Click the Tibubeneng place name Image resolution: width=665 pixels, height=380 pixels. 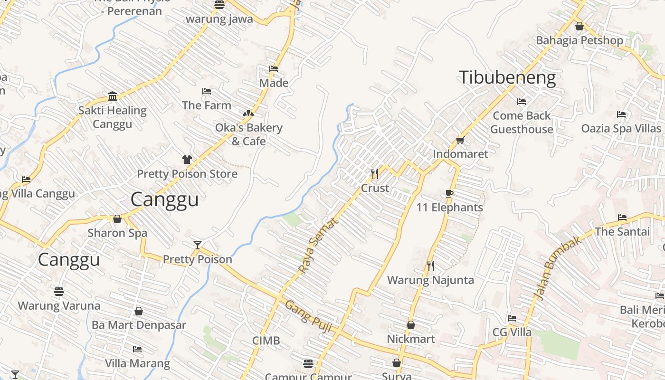(x=507, y=78)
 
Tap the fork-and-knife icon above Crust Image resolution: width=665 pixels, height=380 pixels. (x=375, y=174)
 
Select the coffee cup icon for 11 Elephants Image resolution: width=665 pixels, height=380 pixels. (x=449, y=193)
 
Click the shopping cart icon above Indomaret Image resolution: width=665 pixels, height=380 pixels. (x=460, y=140)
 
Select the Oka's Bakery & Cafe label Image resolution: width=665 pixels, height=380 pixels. (x=248, y=134)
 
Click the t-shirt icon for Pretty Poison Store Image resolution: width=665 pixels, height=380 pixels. (x=187, y=160)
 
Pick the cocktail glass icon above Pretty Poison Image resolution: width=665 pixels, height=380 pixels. (x=198, y=245)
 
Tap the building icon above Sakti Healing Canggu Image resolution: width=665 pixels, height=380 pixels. (x=113, y=96)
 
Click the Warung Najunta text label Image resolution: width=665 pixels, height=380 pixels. (x=430, y=280)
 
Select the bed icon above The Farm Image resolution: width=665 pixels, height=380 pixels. (x=207, y=91)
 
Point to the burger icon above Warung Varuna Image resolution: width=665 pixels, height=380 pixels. (x=59, y=291)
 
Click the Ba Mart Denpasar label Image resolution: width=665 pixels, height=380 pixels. (x=139, y=325)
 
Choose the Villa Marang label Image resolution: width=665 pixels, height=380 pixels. (x=137, y=364)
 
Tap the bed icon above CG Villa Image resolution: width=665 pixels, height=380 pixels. (x=512, y=318)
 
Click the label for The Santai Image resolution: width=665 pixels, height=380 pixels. (x=622, y=232)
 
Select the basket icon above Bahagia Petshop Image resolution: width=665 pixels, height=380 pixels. (x=579, y=27)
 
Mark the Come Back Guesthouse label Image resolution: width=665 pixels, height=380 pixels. (x=522, y=123)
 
